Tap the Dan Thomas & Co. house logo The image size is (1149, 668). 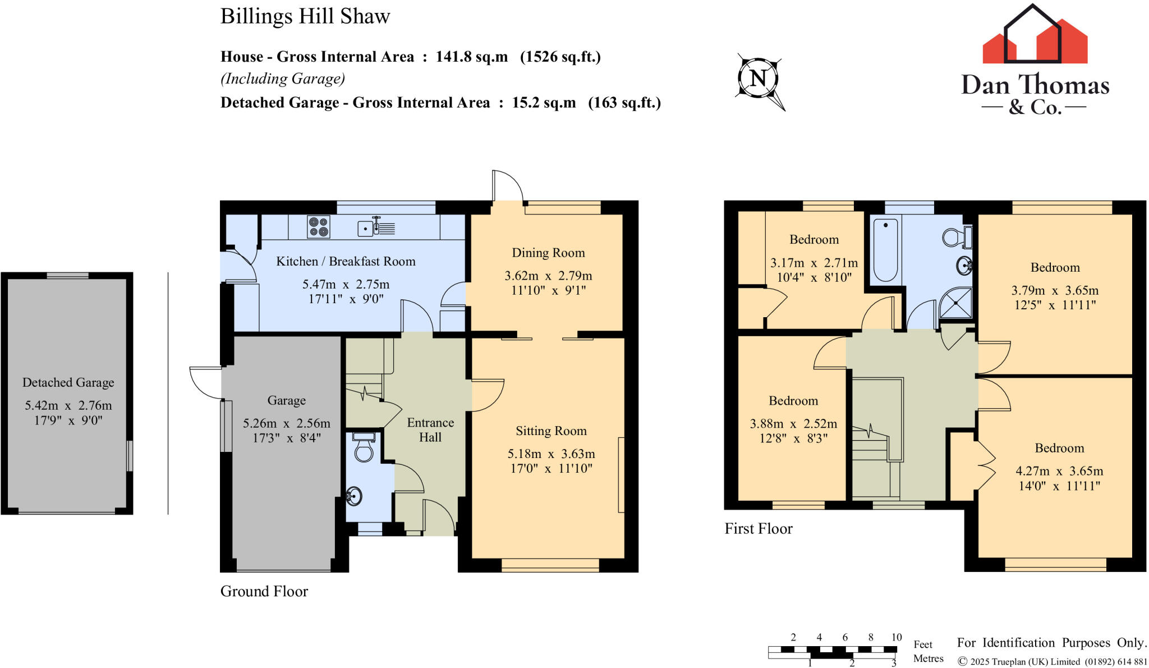(1035, 34)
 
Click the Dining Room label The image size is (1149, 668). (548, 253)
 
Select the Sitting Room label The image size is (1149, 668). (551, 431)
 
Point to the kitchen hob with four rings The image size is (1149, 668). (319, 227)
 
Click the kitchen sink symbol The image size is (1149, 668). (376, 227)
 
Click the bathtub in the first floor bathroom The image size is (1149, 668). (885, 250)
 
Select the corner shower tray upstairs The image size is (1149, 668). (955, 304)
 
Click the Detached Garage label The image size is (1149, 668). (68, 382)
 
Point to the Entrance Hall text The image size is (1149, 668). (430, 430)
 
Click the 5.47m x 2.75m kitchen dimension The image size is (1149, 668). (346, 284)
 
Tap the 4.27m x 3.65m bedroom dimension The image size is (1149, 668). (1059, 471)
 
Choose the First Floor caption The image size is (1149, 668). (759, 529)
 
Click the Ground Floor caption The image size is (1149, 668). (264, 591)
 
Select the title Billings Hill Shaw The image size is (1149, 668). (305, 16)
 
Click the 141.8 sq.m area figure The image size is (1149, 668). (472, 57)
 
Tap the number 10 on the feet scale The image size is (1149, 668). (897, 637)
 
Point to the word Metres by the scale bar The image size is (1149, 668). (929, 658)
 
